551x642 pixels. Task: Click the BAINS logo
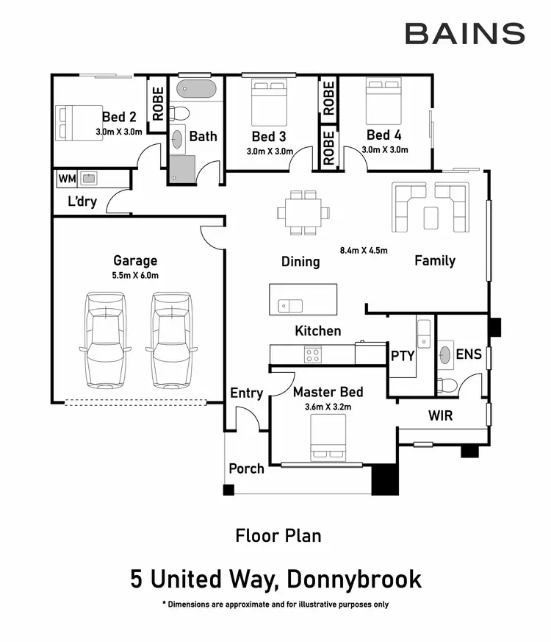(x=465, y=34)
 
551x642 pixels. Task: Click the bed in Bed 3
(x=268, y=103)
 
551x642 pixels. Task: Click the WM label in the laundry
(x=67, y=178)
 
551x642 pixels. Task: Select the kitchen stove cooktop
(x=313, y=354)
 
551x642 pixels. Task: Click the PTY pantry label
(x=403, y=356)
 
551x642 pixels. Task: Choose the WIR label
(x=440, y=415)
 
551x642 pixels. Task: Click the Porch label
(x=246, y=468)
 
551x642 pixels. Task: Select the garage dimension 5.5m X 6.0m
(x=135, y=276)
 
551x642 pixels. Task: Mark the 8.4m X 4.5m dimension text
(x=363, y=250)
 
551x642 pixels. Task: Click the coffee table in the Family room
(x=431, y=215)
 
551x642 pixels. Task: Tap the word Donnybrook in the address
(x=354, y=579)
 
